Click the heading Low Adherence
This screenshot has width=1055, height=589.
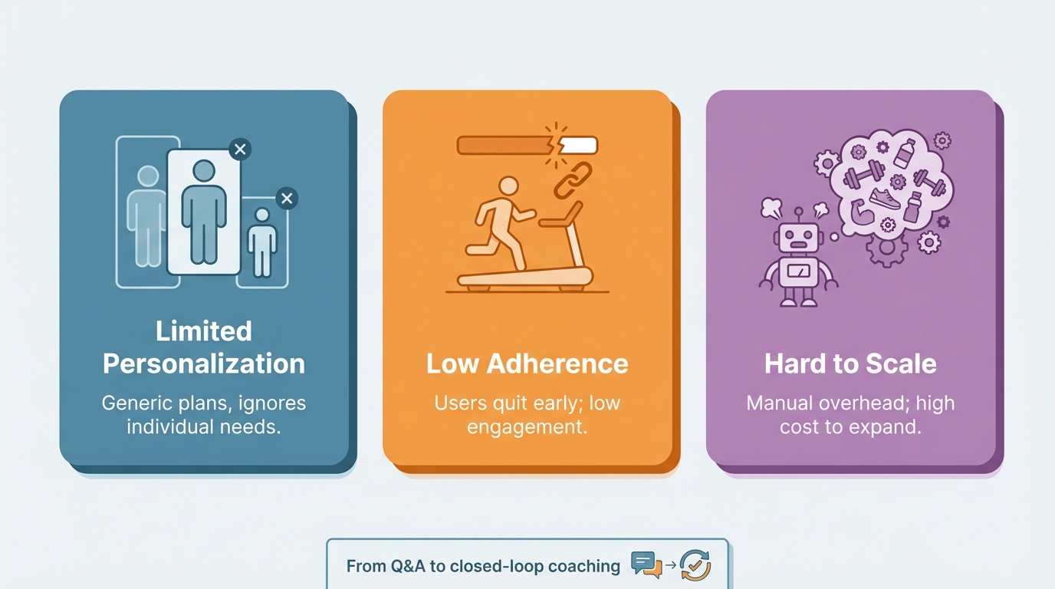pos(527,363)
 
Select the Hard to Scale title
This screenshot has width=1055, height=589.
pos(850,363)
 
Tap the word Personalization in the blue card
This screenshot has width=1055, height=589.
pos(204,363)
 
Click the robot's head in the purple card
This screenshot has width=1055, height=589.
pos(798,237)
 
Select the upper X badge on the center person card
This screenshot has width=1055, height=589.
pos(240,149)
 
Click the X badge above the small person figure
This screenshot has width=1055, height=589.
pos(287,199)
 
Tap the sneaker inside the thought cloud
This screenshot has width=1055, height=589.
pos(885,200)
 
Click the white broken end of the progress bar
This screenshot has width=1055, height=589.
pos(580,145)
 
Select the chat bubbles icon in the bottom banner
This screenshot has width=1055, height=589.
pos(646,565)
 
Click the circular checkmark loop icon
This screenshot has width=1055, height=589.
pos(695,565)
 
